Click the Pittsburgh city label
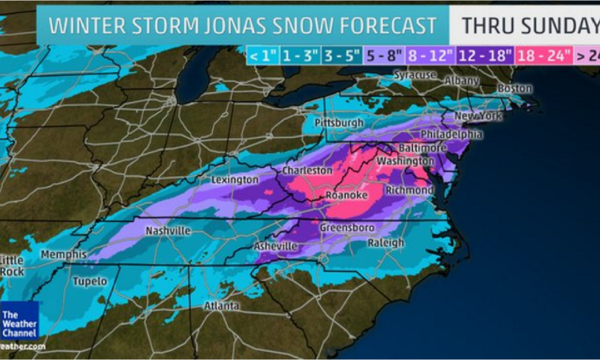(339, 123)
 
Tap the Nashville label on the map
(169, 231)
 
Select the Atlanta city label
(221, 306)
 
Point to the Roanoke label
(347, 195)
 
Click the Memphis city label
(63, 255)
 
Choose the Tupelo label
(90, 281)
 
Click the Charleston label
(308, 171)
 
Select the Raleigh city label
(386, 243)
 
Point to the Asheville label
(276, 246)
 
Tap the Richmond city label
(409, 191)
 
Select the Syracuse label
(414, 75)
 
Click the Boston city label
(514, 88)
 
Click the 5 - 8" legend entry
(381, 56)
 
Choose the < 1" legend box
(262, 56)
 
